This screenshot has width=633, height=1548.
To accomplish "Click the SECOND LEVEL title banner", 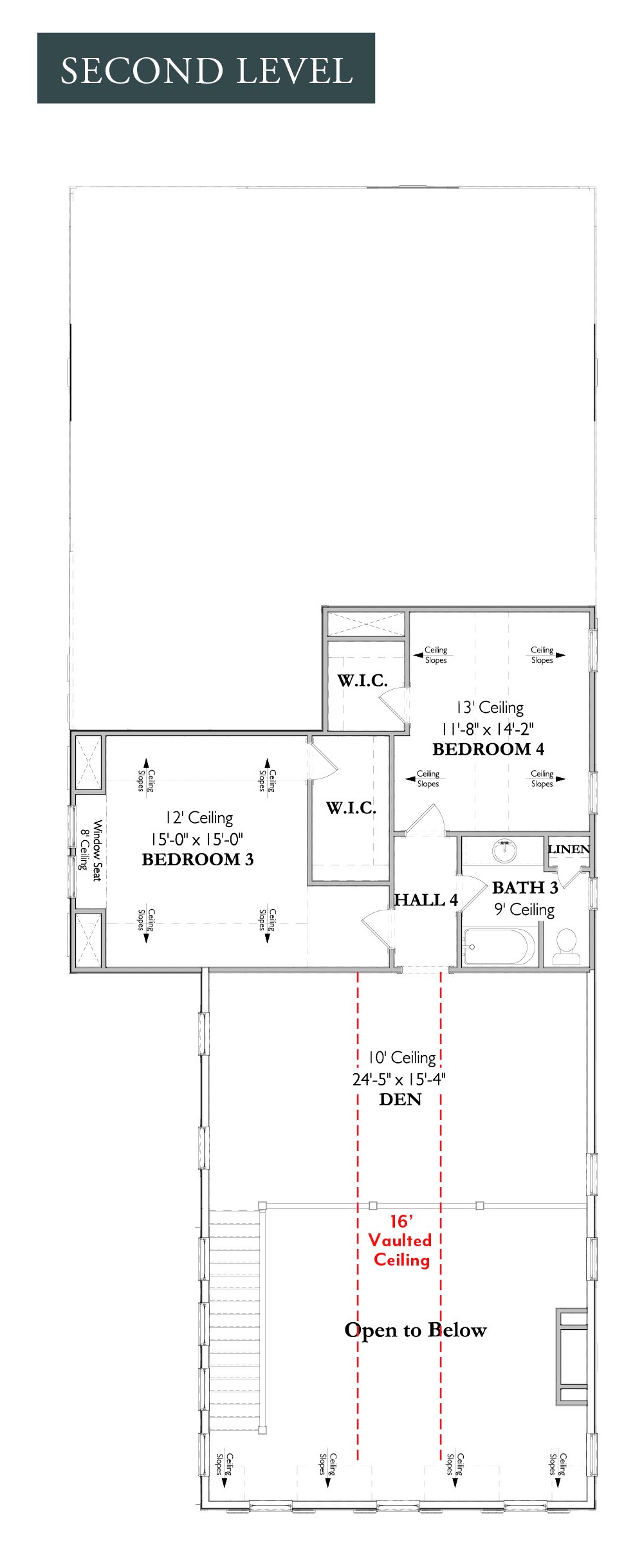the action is pos(206,68).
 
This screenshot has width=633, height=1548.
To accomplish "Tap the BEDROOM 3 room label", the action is pos(197,860).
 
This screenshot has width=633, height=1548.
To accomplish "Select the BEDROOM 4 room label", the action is pos(488,749).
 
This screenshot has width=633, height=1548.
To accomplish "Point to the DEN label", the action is pos(400,1099).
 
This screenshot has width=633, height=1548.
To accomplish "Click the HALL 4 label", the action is pos(426,899).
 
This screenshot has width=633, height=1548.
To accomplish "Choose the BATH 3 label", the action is pos(525,887).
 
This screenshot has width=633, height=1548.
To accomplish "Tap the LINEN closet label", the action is pos(569,849).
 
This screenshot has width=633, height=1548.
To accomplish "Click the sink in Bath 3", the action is pos(504,850).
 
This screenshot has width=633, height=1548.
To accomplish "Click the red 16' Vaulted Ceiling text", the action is pos(400,1240).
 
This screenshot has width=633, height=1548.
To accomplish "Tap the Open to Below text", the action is pos(416,1330).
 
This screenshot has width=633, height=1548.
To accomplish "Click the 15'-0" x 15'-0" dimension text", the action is pos(197,839).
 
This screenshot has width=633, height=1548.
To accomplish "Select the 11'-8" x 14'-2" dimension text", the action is pos(488,729).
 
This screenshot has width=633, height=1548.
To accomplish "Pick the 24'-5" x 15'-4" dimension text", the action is pos(399,1079).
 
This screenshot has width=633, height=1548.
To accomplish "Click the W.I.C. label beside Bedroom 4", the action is pos(363,680).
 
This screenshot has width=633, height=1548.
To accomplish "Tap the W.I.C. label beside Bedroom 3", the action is pos(351,807).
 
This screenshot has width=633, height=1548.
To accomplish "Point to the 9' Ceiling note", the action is pos(525,910).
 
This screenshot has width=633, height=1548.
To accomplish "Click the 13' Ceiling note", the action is pos(490,708).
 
